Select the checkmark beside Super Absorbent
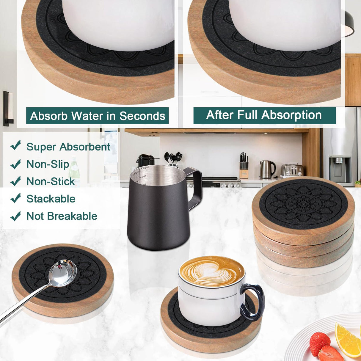(15, 145)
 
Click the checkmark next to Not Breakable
(15, 216)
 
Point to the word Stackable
(51, 199)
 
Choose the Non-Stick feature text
(51, 181)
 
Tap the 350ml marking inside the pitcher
(145, 168)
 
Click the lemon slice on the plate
(348, 339)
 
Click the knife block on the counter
(244, 168)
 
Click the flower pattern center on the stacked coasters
(303, 204)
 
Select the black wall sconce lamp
(7, 109)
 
